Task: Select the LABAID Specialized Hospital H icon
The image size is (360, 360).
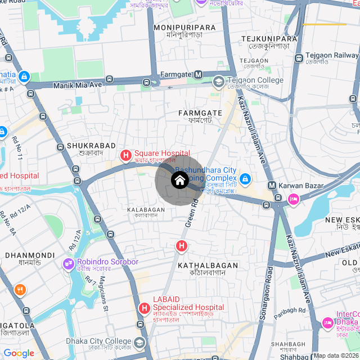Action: coord(145,308)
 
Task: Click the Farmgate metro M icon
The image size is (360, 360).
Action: coord(199,74)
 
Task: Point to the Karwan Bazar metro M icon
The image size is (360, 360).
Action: coord(272,185)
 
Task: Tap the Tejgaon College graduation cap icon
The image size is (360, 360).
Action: coord(218,82)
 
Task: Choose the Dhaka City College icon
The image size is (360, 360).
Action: coord(139,342)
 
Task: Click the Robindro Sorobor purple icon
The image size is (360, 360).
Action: coord(69,262)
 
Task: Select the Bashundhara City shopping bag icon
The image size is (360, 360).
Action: coord(244,179)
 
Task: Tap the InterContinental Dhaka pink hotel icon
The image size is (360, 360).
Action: coord(327,323)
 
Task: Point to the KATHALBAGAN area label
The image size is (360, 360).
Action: coord(208,264)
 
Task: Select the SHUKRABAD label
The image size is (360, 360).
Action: coord(84,146)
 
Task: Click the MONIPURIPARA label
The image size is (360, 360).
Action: coord(184,27)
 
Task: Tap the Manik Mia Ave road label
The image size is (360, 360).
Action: coord(77,85)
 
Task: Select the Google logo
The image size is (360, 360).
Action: coord(19,353)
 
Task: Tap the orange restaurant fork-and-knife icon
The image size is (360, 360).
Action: coord(21,290)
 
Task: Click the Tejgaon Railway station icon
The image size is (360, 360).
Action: coord(298,56)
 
